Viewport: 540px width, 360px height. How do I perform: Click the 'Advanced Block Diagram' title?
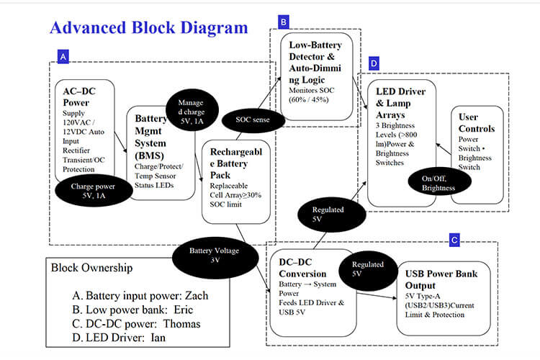coord(148,27)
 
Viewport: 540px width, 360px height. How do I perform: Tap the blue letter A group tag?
coord(64,55)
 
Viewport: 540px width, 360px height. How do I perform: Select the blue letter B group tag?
coord(284,23)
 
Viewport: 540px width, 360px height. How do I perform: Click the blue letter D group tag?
coord(374,64)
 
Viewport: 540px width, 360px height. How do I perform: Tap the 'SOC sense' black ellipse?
coord(252,119)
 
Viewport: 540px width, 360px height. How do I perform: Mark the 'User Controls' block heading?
coord(476,122)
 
